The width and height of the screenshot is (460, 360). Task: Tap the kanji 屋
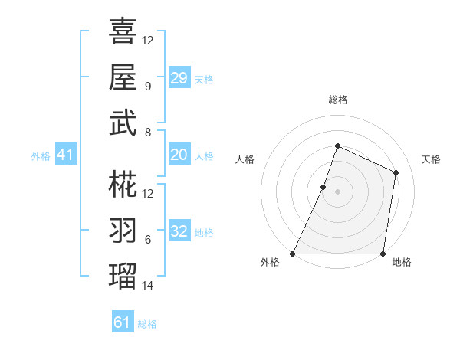click(123, 77)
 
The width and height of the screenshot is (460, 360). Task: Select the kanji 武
click(123, 123)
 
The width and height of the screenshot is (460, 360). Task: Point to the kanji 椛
click(123, 184)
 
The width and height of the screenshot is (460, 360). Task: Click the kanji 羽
click(123, 230)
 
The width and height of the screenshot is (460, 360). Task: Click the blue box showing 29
click(179, 78)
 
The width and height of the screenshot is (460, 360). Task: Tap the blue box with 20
click(179, 155)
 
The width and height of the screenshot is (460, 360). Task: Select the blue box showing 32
click(179, 231)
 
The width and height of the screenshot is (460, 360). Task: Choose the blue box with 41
click(65, 155)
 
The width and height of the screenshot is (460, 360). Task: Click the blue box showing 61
click(122, 322)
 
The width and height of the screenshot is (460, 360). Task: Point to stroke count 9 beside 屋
click(147, 86)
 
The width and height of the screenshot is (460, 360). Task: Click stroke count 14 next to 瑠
click(148, 286)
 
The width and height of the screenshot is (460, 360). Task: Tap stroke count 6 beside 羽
click(147, 239)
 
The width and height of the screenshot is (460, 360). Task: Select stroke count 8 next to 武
click(147, 132)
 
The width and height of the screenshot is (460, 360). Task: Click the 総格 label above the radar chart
click(337, 100)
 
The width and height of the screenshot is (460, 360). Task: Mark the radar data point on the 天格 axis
click(396, 172)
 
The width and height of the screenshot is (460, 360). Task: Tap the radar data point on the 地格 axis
click(383, 254)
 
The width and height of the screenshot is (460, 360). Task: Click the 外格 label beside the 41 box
click(41, 156)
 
